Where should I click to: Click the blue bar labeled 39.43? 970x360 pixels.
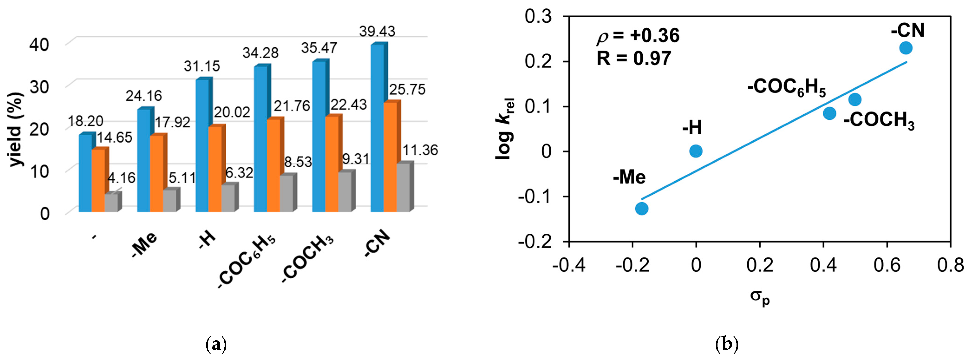point(377,128)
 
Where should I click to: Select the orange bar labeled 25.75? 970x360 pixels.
point(390,156)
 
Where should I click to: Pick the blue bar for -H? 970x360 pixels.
point(202,145)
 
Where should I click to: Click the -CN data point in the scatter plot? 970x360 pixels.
point(906,48)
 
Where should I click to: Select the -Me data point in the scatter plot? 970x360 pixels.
point(642,208)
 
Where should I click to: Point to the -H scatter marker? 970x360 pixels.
point(696,151)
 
